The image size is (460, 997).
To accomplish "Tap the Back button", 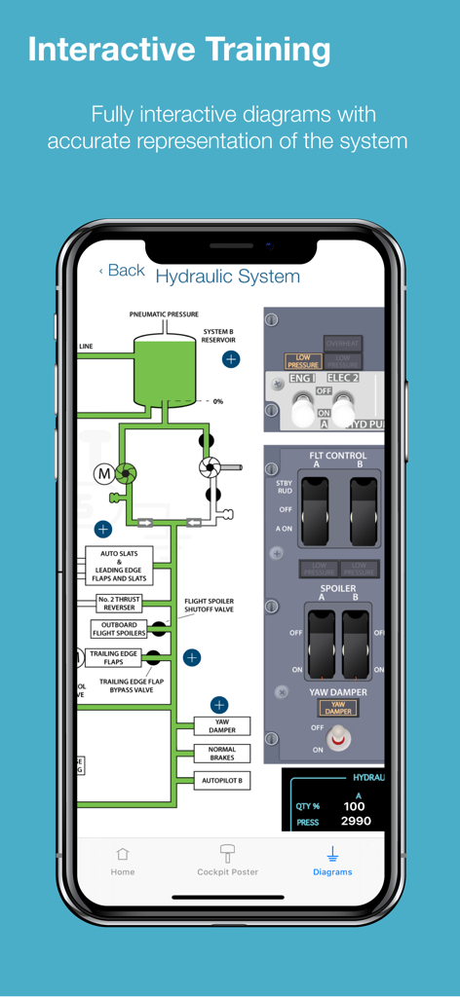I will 122,271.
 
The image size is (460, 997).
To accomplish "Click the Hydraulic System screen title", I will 227,277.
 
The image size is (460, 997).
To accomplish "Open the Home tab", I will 123,861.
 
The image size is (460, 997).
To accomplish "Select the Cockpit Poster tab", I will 227,861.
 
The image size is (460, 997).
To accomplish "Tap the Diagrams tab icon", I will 332,854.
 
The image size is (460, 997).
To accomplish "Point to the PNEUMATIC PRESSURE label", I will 164,314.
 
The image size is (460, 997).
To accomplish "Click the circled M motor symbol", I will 103,474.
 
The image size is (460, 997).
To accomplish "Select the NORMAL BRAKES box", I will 221,754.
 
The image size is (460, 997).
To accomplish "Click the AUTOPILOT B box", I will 221,781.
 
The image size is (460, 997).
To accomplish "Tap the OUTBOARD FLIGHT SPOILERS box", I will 120,629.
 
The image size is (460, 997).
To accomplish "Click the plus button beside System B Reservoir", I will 231,359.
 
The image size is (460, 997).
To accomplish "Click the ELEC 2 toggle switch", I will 342,408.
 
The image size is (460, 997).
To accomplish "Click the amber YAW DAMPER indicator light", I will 337,708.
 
